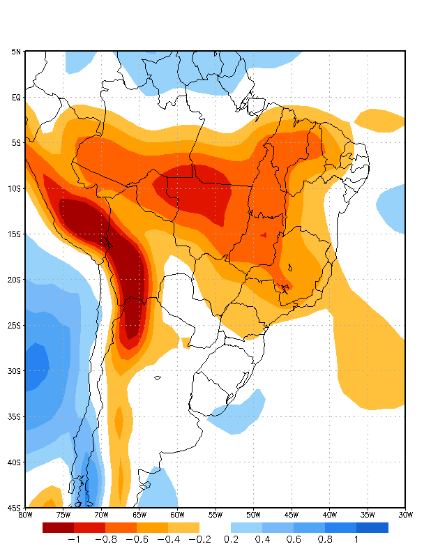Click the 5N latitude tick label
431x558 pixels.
coord(16,52)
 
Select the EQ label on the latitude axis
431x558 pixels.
coord(16,97)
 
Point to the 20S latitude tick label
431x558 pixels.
coord(15,280)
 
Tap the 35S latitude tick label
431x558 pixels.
coord(15,416)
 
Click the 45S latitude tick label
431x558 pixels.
coord(15,507)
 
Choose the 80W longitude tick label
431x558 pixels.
coord(25,515)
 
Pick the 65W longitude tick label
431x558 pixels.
coord(139,515)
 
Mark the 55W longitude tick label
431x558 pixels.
coord(215,515)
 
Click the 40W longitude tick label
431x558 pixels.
coord(329,515)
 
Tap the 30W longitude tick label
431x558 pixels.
coord(405,515)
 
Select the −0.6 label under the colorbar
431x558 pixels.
coord(136,539)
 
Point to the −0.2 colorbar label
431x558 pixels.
coord(199,539)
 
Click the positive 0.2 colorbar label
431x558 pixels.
coord(231,539)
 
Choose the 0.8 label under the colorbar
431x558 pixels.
coord(325,539)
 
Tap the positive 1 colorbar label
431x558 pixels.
coord(356,539)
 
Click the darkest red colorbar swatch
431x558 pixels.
coord(58,527)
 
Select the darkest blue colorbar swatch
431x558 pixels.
coord(372,527)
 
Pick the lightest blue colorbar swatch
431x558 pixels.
coord(246,527)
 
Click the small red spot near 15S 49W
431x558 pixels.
coord(264,235)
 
